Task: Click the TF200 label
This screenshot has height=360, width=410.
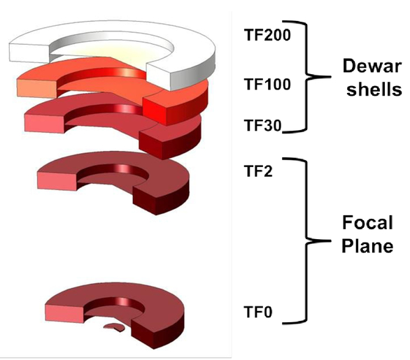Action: click(x=267, y=35)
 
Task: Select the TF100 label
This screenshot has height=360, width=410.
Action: click(x=267, y=85)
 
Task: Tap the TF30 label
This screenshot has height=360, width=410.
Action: click(x=263, y=125)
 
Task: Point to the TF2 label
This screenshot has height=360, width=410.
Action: click(x=258, y=171)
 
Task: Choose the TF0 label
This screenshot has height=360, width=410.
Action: click(x=258, y=312)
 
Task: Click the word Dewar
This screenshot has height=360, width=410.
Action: click(x=372, y=66)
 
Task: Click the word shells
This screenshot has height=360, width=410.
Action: click(x=374, y=89)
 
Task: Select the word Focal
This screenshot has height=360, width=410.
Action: click(x=367, y=222)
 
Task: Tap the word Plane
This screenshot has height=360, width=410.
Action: click(x=367, y=246)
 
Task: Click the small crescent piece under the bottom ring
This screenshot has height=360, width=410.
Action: click(x=114, y=327)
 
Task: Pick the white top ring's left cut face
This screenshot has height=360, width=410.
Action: click(x=29, y=53)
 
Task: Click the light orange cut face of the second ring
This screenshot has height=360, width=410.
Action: click(x=37, y=88)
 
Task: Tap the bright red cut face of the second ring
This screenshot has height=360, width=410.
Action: click(x=155, y=110)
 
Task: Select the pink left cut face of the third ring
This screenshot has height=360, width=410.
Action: click(x=45, y=123)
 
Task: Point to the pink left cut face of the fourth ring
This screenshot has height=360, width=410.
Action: click(x=57, y=181)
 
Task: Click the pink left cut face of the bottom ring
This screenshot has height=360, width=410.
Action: click(x=64, y=314)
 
